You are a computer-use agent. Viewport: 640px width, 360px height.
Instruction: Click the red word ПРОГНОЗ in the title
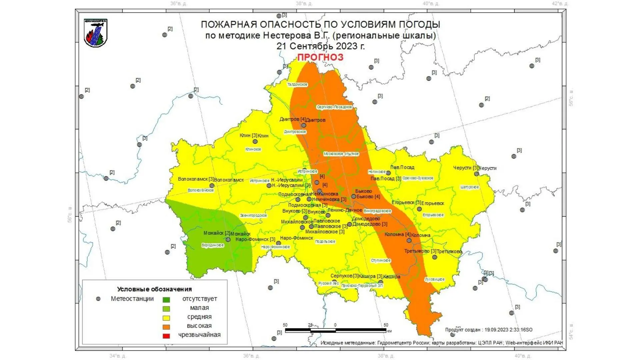[x=320, y=57]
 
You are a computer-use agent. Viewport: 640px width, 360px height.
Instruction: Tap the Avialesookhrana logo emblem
[x=96, y=33]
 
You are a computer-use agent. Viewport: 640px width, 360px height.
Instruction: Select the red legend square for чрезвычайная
[x=166, y=336]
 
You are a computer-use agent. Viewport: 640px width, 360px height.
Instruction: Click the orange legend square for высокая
[x=166, y=327]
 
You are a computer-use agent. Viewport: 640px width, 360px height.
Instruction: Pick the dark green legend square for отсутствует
[x=166, y=300]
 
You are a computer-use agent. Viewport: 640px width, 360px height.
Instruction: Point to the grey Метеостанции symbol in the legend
[x=98, y=299]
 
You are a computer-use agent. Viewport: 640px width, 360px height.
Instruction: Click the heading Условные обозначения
[x=154, y=289]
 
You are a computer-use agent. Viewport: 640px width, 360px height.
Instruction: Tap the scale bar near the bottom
[x=335, y=330]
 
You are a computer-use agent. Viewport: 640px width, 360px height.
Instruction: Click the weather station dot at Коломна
[x=409, y=240]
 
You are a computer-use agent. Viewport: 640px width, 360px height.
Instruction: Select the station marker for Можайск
[x=228, y=239]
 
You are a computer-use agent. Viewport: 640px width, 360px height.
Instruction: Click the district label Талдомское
[x=297, y=85]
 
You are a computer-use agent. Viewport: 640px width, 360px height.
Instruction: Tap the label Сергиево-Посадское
[x=334, y=107]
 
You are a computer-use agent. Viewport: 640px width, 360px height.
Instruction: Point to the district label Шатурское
[x=469, y=187]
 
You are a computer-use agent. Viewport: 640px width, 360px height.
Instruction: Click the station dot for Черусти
[x=476, y=174]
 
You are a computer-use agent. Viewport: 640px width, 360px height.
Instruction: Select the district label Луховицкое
[x=434, y=279]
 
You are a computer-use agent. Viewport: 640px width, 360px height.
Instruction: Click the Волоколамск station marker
[x=212, y=186]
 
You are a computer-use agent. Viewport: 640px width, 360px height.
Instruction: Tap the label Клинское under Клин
[x=253, y=149]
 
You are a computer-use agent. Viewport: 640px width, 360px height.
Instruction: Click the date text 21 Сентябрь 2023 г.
[x=320, y=46]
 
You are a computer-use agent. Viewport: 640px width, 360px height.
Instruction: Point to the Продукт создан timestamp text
[x=488, y=330]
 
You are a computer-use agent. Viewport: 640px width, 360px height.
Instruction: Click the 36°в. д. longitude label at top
[x=179, y=4]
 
